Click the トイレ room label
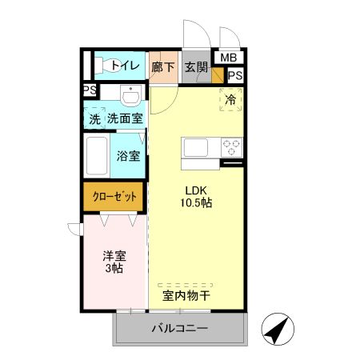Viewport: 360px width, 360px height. pyautogui.click(x=126, y=66)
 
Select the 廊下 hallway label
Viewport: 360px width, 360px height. pyautogui.click(x=163, y=67)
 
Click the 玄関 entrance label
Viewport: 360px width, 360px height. pyautogui.click(x=195, y=67)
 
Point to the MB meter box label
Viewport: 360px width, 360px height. pyautogui.click(x=228, y=58)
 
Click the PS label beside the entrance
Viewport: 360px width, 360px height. pyautogui.click(x=235, y=75)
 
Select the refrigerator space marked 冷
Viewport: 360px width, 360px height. pyautogui.click(x=230, y=100)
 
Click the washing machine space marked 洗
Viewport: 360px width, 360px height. pyautogui.click(x=95, y=119)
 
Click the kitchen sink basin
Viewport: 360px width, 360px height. pyautogui.click(x=197, y=147)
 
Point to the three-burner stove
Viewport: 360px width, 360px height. pyautogui.click(x=231, y=147)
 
